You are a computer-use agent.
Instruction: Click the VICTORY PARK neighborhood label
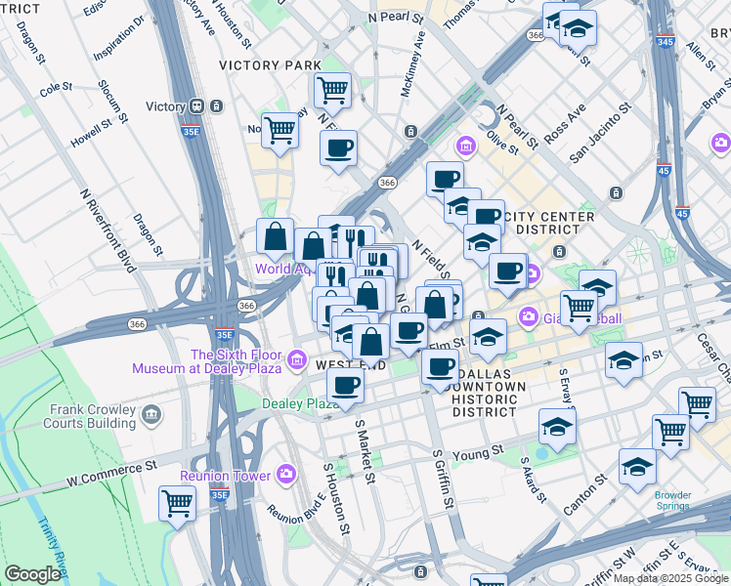click(x=270, y=65)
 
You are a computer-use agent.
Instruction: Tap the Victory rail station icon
click(x=196, y=106)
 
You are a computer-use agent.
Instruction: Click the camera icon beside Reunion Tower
click(x=285, y=475)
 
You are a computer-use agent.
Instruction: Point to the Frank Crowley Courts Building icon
click(x=151, y=415)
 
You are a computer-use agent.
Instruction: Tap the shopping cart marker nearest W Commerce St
click(x=177, y=503)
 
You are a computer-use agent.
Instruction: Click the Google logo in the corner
click(x=32, y=574)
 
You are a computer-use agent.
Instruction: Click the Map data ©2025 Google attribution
click(x=671, y=578)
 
